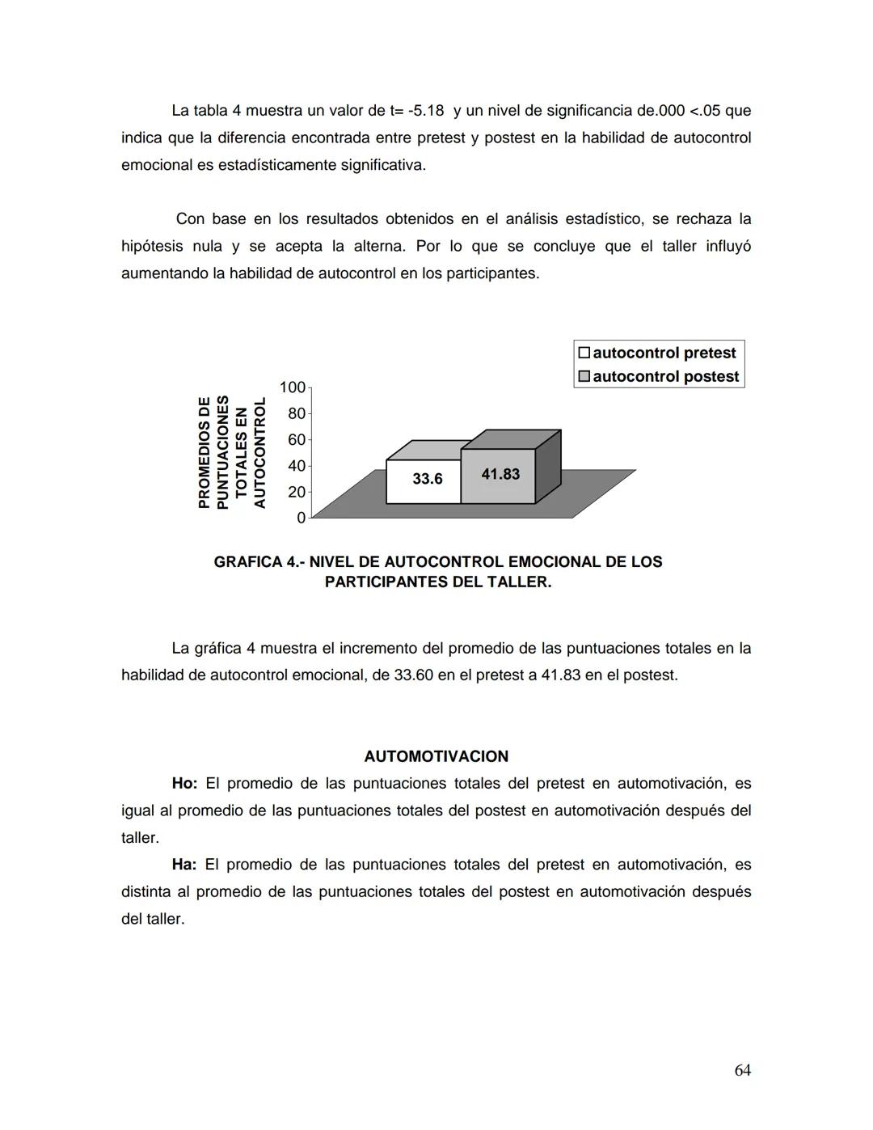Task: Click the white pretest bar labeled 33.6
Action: (x=424, y=480)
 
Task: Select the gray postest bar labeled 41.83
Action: (x=499, y=476)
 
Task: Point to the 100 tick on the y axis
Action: (x=292, y=387)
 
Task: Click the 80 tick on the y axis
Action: (x=296, y=413)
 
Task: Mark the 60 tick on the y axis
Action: (x=296, y=439)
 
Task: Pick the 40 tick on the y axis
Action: (x=296, y=466)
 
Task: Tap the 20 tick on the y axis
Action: (x=296, y=492)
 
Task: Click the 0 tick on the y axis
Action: (x=301, y=518)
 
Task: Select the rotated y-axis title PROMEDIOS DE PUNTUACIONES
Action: (x=213, y=452)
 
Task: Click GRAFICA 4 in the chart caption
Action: (x=257, y=562)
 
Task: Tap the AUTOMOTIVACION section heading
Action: (x=436, y=756)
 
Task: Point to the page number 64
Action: (x=742, y=1070)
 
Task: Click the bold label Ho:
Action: (x=184, y=784)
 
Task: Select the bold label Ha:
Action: (x=183, y=865)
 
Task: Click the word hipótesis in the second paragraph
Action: (x=152, y=246)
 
